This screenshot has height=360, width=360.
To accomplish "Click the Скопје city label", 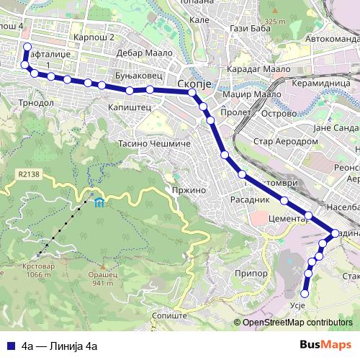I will click(x=192, y=84).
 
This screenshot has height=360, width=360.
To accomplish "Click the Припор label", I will click(x=251, y=274).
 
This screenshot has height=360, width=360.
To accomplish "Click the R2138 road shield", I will click(x=29, y=174).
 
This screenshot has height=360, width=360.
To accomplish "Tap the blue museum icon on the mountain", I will click(x=97, y=201).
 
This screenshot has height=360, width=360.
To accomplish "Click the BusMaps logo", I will click(x=325, y=345).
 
